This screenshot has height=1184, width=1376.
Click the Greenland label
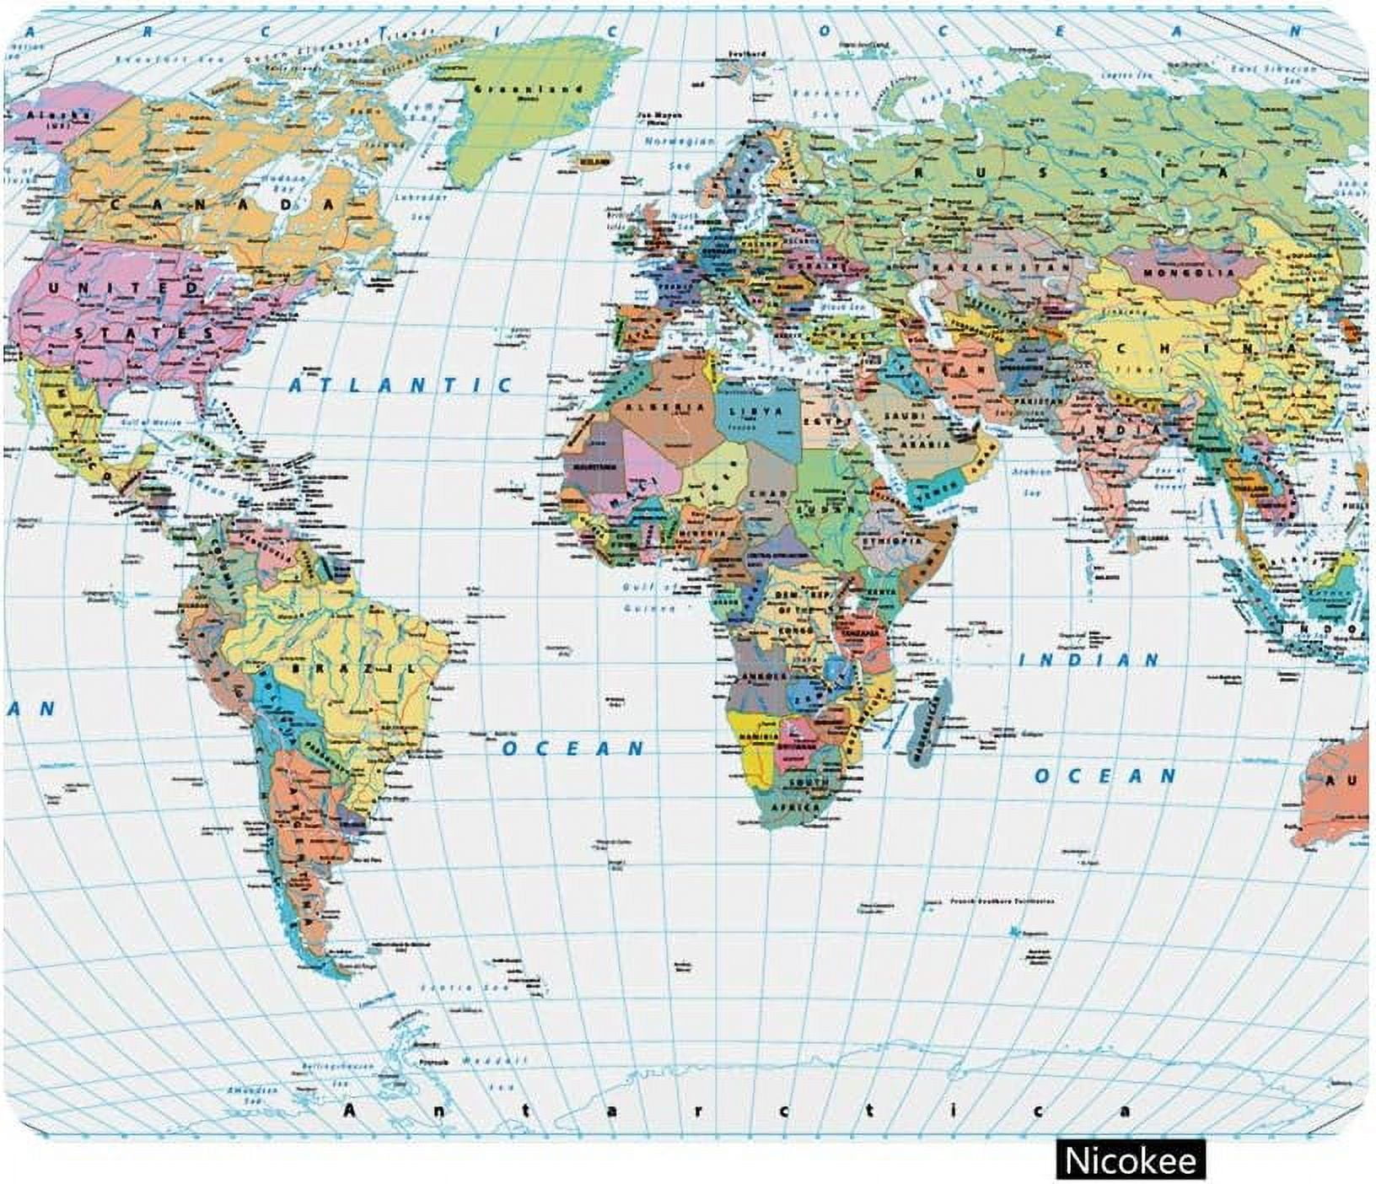tap(529, 89)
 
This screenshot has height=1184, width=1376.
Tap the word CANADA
tap(223, 204)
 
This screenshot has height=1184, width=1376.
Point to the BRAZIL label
tap(354, 668)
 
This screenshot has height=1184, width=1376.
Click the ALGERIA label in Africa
tap(672, 407)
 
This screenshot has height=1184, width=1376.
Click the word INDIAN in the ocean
tap(1089, 660)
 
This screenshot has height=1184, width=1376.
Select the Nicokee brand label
tap(1130, 1160)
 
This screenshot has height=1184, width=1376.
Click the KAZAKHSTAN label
tap(1002, 266)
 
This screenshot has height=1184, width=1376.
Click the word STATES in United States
tap(145, 334)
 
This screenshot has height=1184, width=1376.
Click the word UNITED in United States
tap(124, 288)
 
